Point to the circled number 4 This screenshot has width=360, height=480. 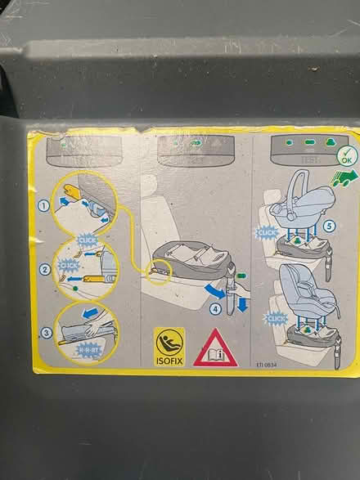[x=215, y=309]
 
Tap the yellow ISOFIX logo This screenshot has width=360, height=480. [x=168, y=346]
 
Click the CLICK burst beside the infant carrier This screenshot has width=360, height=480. [x=268, y=234]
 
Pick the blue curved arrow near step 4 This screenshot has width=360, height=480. [x=216, y=291]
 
